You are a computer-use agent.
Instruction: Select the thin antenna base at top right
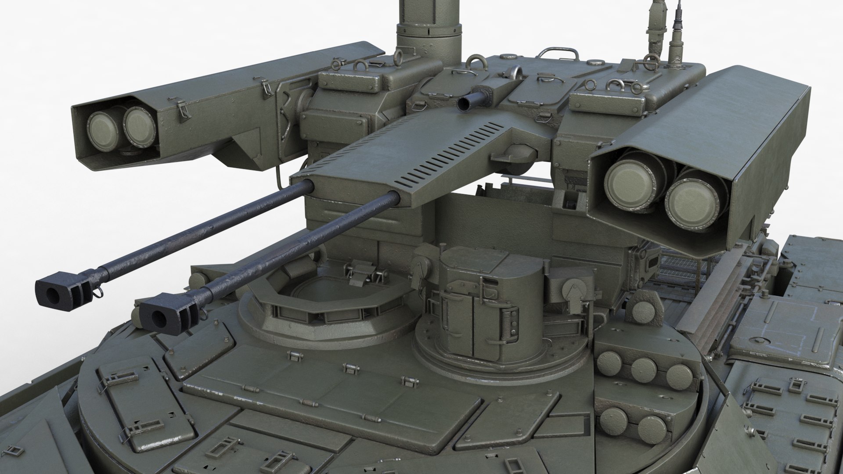tap(674, 44)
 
